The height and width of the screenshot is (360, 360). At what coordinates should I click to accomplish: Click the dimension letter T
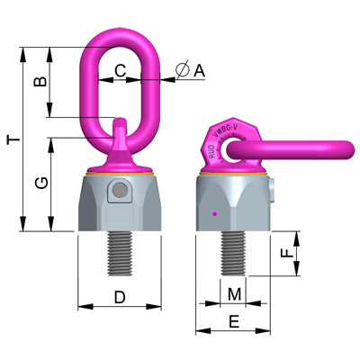pos(10,139)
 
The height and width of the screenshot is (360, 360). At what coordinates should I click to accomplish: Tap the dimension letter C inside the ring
pos(120,69)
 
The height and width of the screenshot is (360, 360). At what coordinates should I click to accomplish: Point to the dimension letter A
pos(199,69)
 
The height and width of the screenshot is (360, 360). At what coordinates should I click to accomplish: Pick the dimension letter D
pos(120,296)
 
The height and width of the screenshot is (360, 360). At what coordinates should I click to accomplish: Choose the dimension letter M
pos(234,293)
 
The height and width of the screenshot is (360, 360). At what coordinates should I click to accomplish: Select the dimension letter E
pos(233,320)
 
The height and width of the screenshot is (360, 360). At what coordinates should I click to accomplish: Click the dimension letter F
pos(286,255)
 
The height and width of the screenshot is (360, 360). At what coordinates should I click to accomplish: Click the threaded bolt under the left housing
pos(120,254)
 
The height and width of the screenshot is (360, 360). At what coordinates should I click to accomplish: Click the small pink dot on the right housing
pos(213,214)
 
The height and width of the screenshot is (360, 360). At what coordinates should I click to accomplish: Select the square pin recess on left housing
pos(115,192)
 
